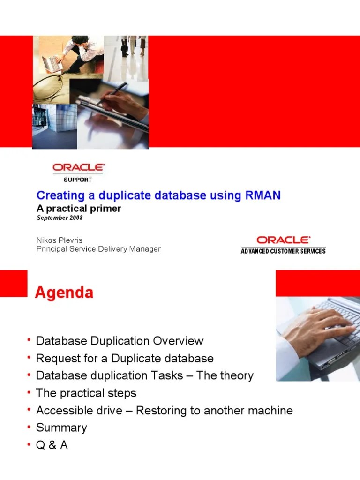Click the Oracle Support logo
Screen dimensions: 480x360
pos(78,171)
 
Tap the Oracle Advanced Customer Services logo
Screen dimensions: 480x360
pos(283,244)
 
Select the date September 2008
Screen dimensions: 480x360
pos(60,218)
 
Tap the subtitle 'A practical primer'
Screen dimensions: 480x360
pos(79,209)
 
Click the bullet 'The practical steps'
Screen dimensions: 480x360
pos(86,393)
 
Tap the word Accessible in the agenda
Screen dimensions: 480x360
pos(61,411)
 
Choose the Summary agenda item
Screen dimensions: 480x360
pos(61,427)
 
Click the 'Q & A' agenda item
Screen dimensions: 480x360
pos(52,445)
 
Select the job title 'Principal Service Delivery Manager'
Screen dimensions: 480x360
pos(98,249)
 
